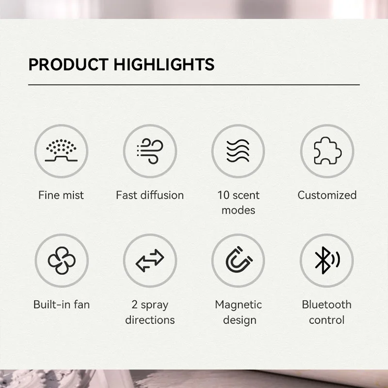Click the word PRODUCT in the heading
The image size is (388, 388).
pyautogui.click(x=68, y=65)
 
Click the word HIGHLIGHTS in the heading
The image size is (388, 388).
pyautogui.click(x=164, y=65)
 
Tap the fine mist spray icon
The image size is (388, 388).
pyautogui.click(x=61, y=150)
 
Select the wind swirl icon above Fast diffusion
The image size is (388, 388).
pyautogui.click(x=150, y=151)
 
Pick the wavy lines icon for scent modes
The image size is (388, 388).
pyautogui.click(x=238, y=151)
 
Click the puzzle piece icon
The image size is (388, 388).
pyautogui.click(x=327, y=151)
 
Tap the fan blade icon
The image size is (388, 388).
pyautogui.click(x=62, y=260)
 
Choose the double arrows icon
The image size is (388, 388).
pyautogui.click(x=150, y=260)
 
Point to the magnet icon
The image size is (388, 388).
pyautogui.click(x=239, y=259)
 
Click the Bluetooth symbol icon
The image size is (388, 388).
pyautogui.click(x=327, y=260)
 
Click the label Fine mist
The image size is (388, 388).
pyautogui.click(x=61, y=195)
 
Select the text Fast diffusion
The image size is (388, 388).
pyautogui.click(x=150, y=195)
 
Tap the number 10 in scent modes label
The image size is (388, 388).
pyautogui.click(x=224, y=195)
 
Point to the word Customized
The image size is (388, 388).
pyautogui.click(x=327, y=195)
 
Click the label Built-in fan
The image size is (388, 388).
pyautogui.click(x=62, y=305)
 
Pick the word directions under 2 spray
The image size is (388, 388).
pyautogui.click(x=150, y=320)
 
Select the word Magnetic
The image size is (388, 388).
pyautogui.click(x=238, y=305)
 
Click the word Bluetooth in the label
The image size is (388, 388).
pyautogui.click(x=326, y=305)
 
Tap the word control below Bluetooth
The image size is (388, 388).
pyautogui.click(x=326, y=320)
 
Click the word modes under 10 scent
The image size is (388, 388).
pyautogui.click(x=238, y=210)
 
